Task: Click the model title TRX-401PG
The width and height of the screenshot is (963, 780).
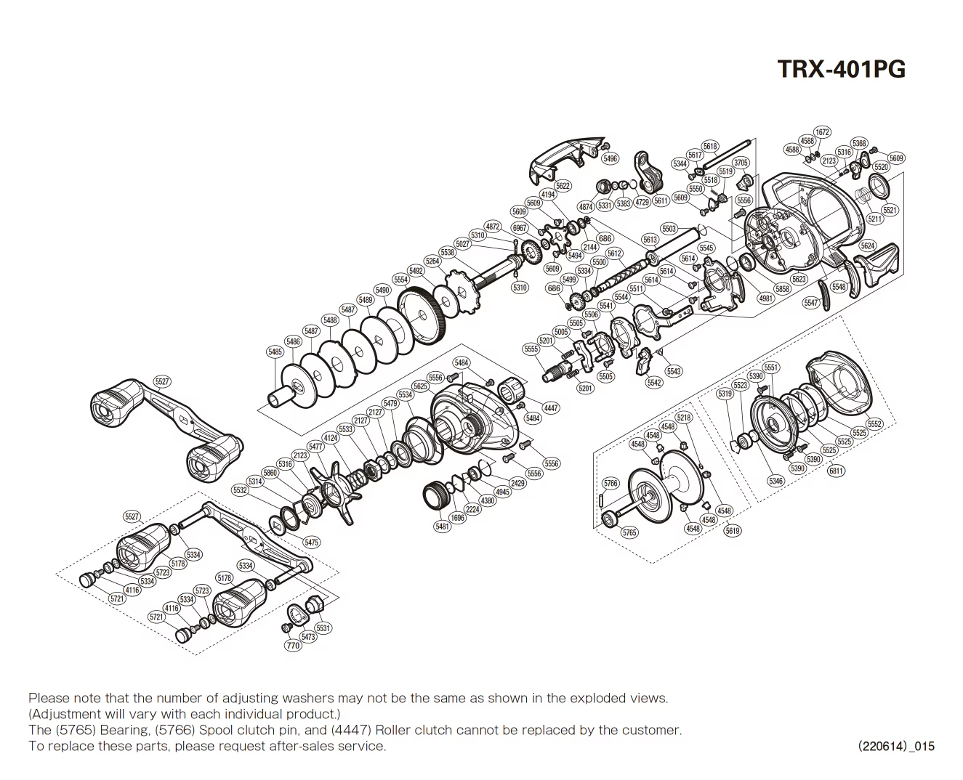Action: point(842,69)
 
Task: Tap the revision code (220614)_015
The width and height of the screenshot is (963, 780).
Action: point(895,746)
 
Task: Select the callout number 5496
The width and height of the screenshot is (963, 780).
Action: point(610,159)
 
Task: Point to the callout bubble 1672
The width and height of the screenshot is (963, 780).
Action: point(822,132)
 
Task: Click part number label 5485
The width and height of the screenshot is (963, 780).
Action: point(275,352)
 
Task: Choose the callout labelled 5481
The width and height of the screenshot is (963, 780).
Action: point(442,527)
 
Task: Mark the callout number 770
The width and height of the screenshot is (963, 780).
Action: point(292,646)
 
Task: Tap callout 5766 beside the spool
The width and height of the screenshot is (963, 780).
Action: point(611,483)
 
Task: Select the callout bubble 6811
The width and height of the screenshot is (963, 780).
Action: point(836,471)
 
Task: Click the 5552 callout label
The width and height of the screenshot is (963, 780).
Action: point(874,424)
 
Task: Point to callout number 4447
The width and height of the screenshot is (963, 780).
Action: point(551,408)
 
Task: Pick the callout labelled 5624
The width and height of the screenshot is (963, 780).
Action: point(868,245)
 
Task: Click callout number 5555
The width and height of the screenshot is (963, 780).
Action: point(531,349)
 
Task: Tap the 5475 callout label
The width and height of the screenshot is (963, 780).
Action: point(311,542)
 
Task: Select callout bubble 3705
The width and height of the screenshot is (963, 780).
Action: point(740,163)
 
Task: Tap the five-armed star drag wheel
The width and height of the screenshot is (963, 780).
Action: point(338,489)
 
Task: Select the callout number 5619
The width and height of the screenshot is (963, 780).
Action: point(733,531)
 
